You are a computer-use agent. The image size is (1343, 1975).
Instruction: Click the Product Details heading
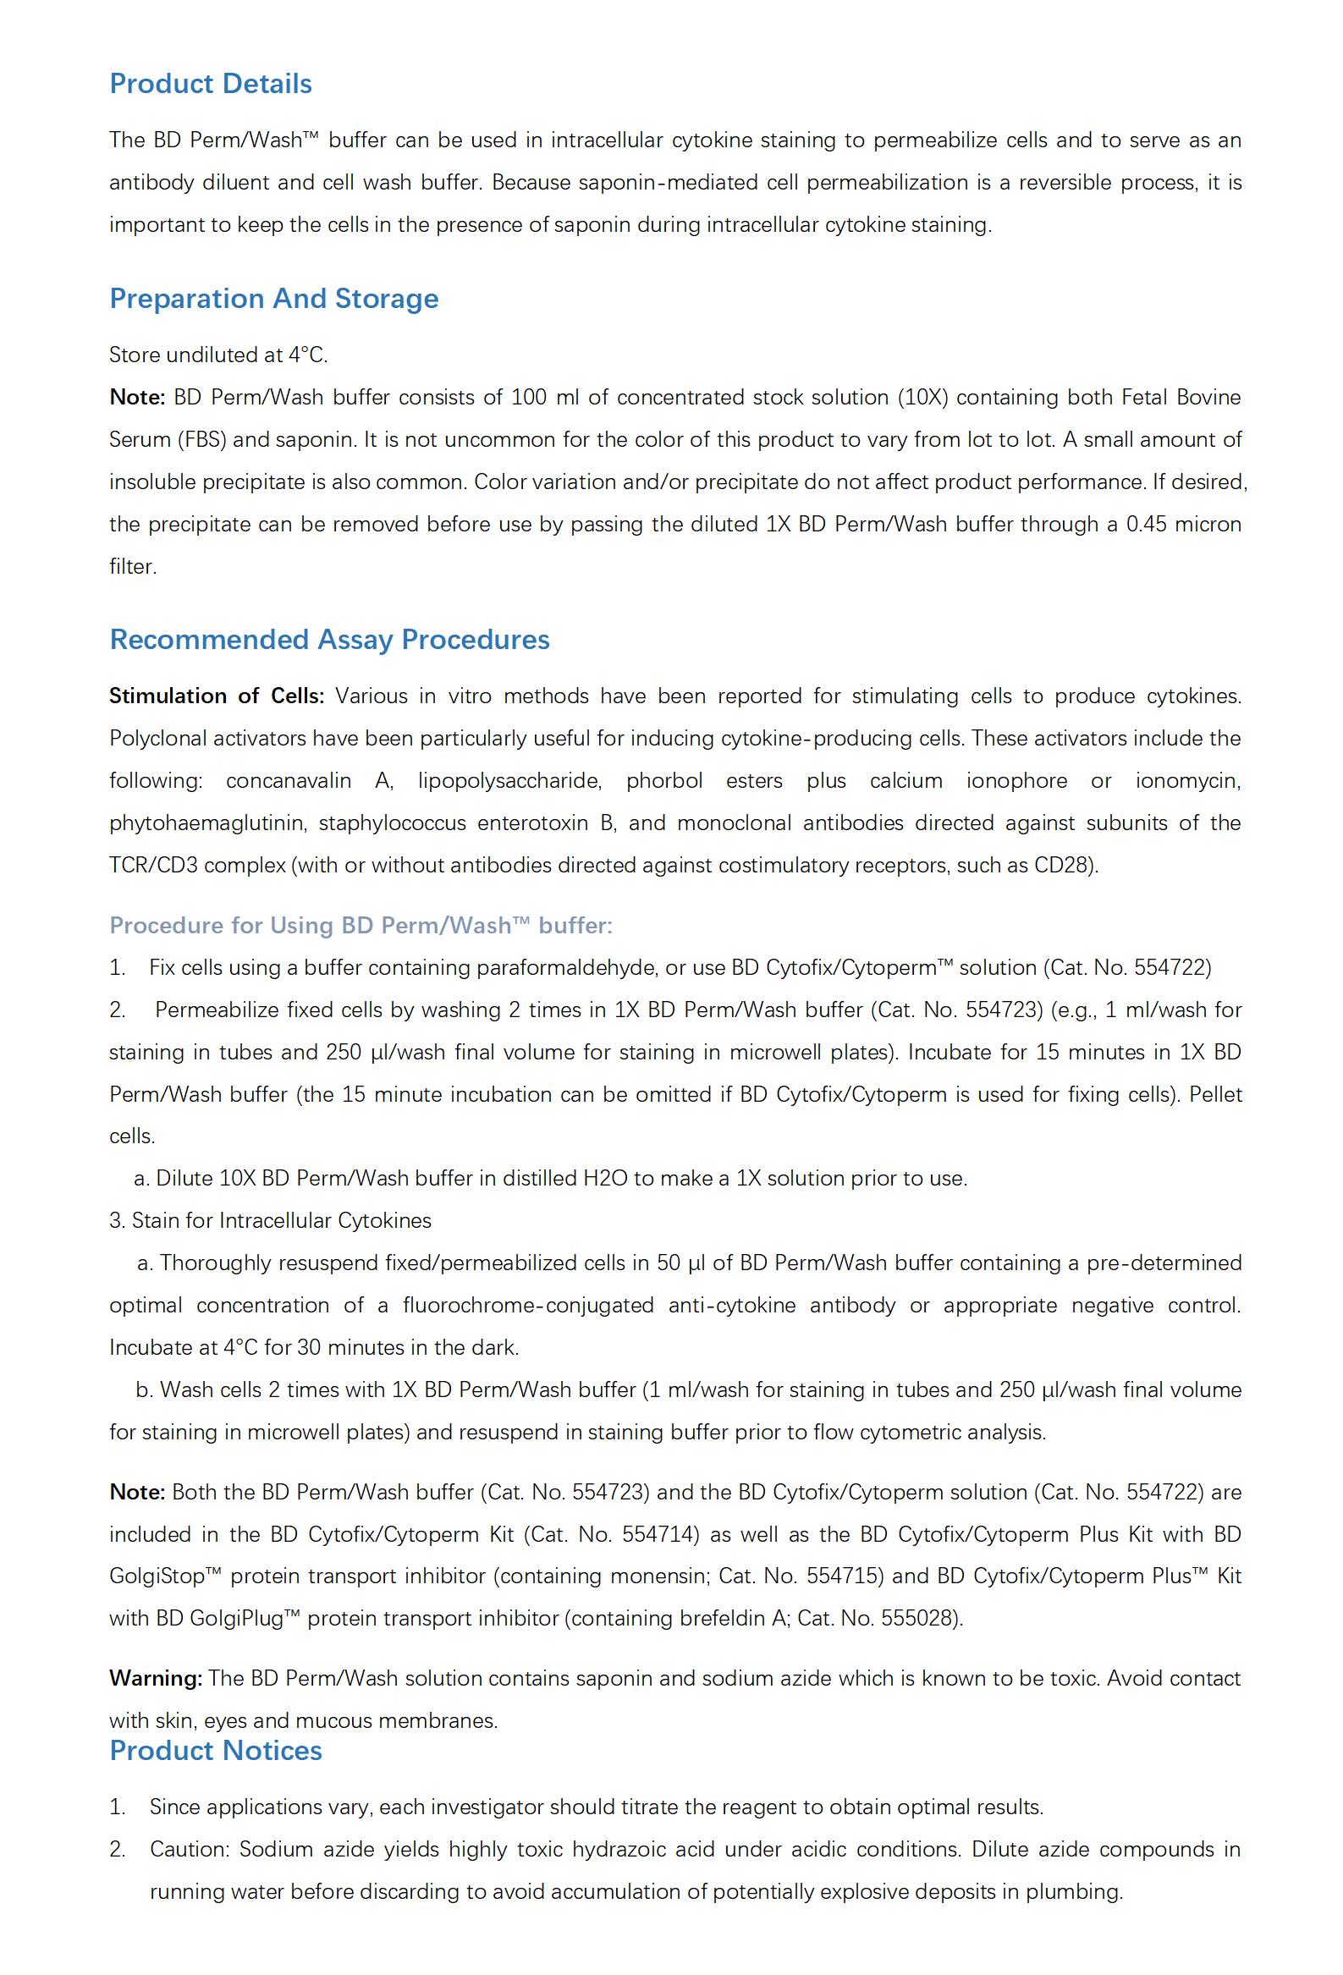click(x=210, y=83)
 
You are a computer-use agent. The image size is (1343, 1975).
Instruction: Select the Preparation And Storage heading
click(x=273, y=299)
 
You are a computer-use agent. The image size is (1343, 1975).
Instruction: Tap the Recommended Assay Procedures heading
click(x=329, y=639)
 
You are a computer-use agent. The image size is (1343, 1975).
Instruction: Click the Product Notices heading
click(x=215, y=1750)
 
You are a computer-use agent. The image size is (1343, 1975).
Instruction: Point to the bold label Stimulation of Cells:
click(x=216, y=696)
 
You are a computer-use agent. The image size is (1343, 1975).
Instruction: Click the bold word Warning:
click(x=156, y=1678)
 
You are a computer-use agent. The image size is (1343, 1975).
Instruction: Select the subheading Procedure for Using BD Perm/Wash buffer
click(x=361, y=925)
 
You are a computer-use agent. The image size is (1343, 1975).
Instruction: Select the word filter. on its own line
click(x=133, y=567)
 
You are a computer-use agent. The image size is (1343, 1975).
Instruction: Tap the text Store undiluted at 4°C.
click(x=217, y=355)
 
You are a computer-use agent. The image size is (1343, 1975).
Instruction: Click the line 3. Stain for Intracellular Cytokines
click(x=270, y=1220)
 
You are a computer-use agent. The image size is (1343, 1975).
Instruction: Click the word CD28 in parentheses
click(x=1061, y=865)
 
